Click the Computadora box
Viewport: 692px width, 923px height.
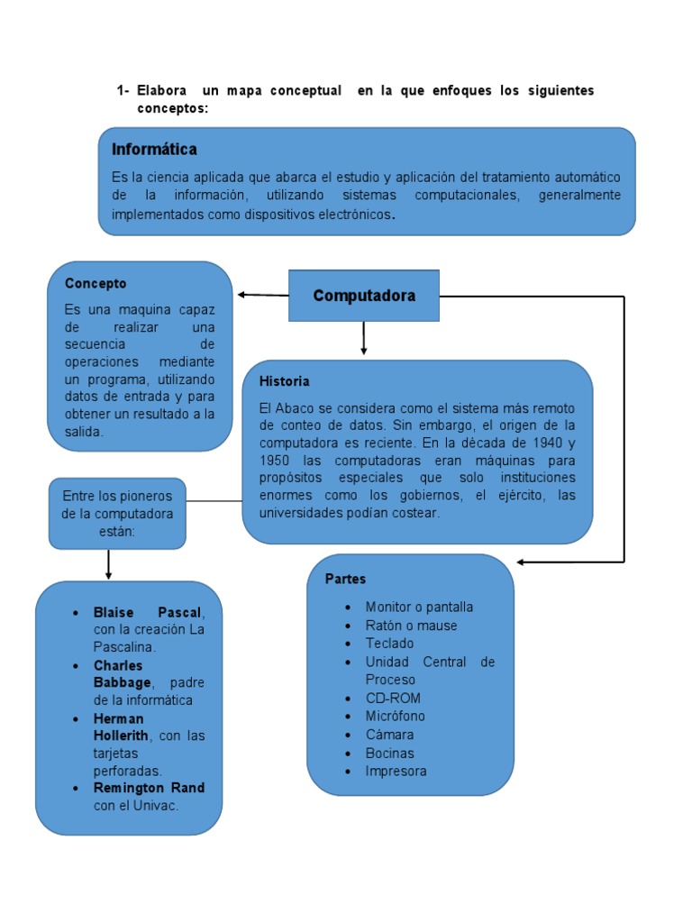(364, 296)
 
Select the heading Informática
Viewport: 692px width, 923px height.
(154, 149)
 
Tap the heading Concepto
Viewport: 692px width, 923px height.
(96, 283)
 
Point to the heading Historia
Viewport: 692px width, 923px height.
(284, 381)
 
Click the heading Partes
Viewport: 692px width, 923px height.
(346, 579)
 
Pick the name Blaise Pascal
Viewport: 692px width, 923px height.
(148, 612)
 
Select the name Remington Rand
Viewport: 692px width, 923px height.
(149, 788)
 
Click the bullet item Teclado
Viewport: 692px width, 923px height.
(389, 644)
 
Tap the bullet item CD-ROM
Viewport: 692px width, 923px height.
(393, 698)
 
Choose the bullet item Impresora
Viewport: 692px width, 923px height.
(396, 771)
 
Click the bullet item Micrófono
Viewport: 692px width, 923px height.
(395, 716)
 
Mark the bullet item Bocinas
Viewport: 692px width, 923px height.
(389, 753)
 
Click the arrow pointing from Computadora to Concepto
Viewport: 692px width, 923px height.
(261, 295)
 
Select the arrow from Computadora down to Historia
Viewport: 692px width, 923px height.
(363, 338)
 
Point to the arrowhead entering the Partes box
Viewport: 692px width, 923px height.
(522, 562)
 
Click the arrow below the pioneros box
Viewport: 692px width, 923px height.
(108, 564)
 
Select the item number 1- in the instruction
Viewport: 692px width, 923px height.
(123, 91)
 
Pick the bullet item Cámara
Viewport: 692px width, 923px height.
(389, 735)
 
